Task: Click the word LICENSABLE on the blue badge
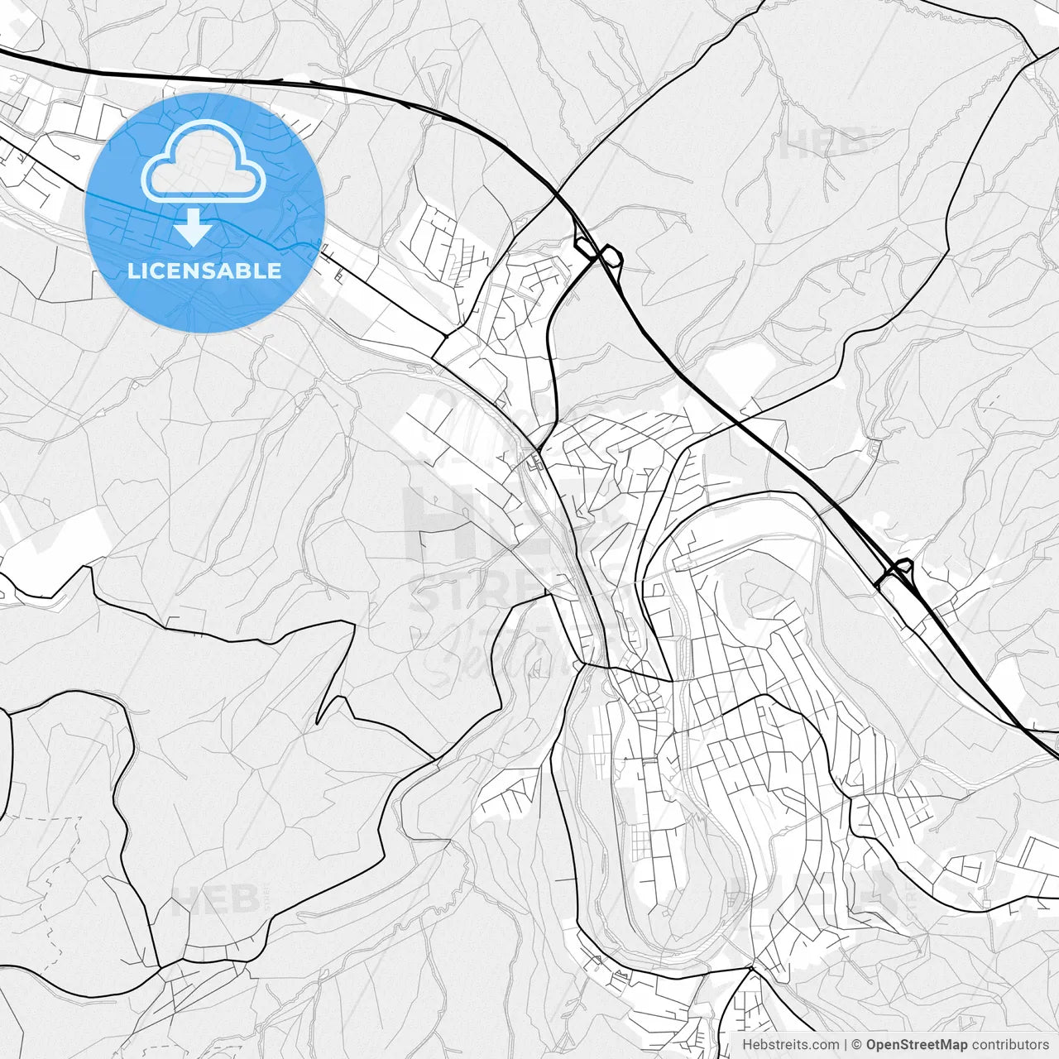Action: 204,271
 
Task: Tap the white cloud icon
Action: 204,161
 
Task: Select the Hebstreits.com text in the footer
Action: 790,1045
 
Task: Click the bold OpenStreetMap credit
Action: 917,1045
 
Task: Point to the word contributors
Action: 1010,1045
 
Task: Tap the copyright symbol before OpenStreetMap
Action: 857,1045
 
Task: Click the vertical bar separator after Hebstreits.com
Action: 846,1045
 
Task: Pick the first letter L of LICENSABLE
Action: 132,271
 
